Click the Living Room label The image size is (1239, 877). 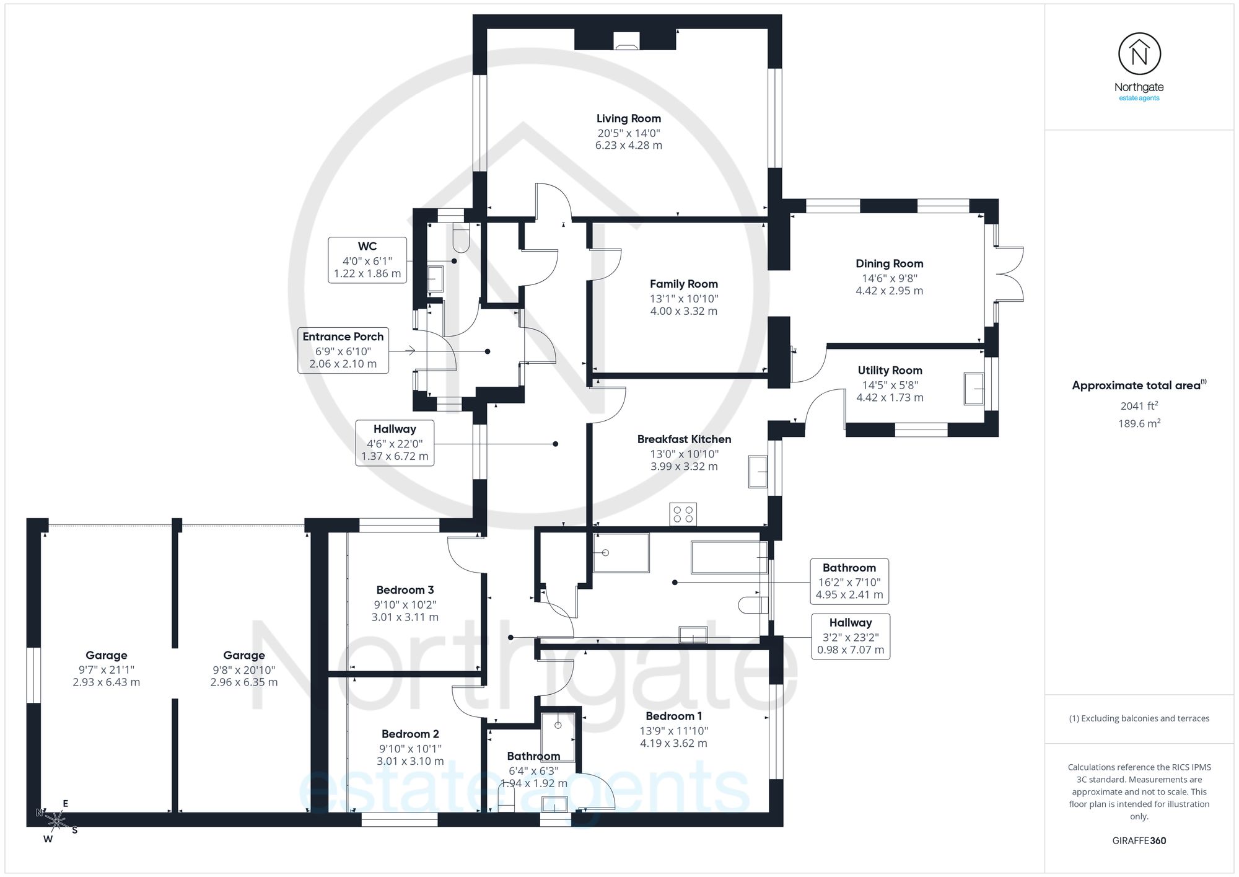click(629, 118)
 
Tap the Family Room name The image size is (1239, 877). click(684, 284)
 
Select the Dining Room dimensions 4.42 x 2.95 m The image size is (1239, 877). click(890, 291)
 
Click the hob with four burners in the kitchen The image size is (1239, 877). click(683, 514)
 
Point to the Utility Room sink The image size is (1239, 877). click(973, 389)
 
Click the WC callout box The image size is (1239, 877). click(367, 260)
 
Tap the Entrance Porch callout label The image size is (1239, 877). click(343, 350)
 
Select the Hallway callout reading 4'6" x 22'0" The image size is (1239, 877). click(395, 443)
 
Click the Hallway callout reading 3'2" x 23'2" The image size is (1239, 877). click(851, 637)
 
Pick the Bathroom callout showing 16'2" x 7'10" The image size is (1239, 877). click(849, 581)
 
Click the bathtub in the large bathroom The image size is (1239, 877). click(729, 557)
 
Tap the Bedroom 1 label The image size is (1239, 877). click(673, 716)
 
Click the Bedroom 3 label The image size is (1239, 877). click(405, 590)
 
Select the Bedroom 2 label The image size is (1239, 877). click(410, 734)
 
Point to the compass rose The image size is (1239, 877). click(56, 821)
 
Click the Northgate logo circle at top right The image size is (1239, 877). click(1139, 54)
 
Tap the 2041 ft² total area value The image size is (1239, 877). click(1139, 406)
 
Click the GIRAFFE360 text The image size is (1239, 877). click(1139, 840)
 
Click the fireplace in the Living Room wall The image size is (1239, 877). click(626, 40)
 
